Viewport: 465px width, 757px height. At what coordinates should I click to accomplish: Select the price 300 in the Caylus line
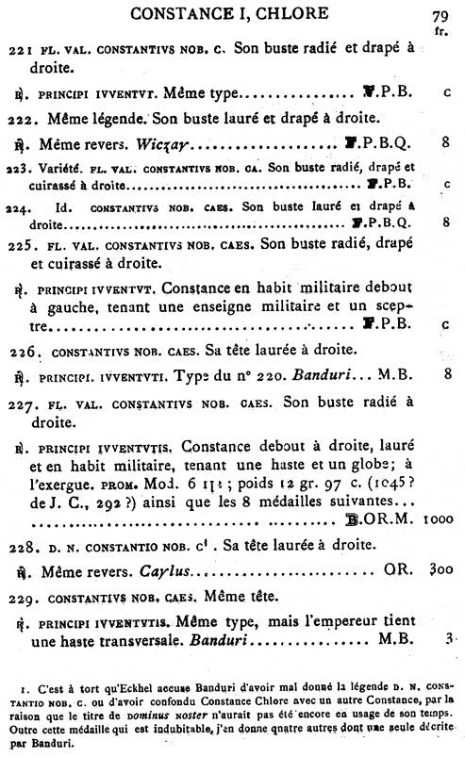pos(441,569)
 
